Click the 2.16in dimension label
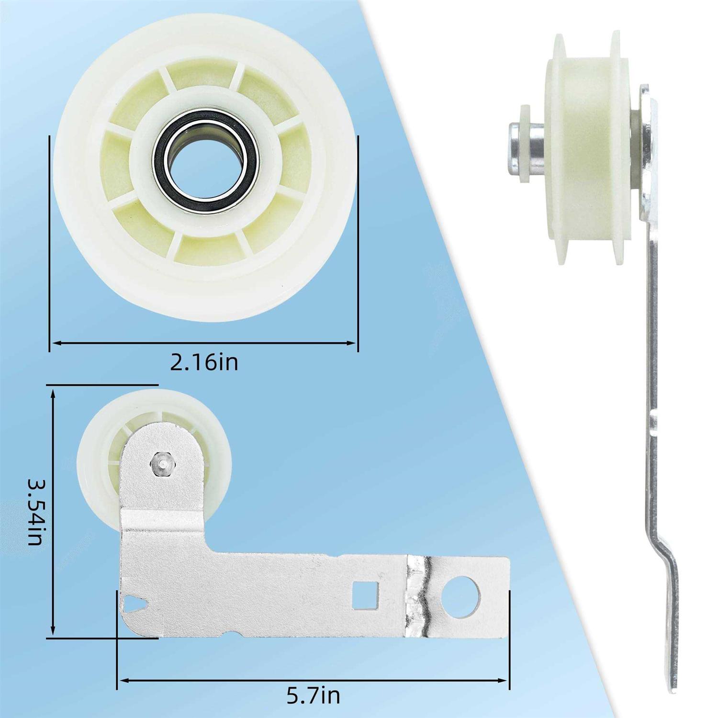point(204,363)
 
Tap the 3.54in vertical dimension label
point(36,512)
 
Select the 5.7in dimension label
point(314,695)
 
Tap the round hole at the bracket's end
point(460,597)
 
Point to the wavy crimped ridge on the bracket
point(419,596)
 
